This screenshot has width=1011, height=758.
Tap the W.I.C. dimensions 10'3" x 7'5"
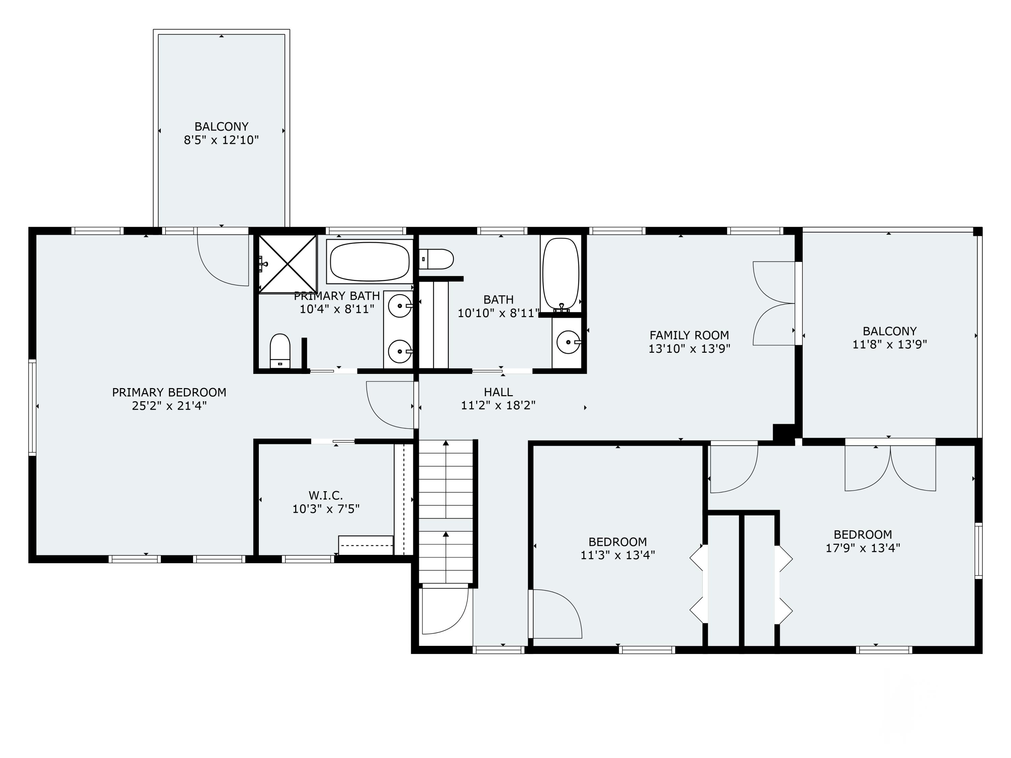(x=326, y=509)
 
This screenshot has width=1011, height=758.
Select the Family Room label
(x=689, y=335)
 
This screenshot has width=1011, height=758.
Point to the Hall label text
(x=498, y=392)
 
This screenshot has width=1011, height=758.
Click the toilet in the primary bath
(x=280, y=351)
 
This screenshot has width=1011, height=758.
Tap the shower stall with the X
(x=287, y=264)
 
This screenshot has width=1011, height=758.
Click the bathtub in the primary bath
(x=370, y=262)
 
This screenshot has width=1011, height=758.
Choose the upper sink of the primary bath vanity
(x=400, y=306)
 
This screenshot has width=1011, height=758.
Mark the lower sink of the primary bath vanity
(x=400, y=351)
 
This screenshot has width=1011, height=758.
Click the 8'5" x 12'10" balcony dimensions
(x=221, y=140)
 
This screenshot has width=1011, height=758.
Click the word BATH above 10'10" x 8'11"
(x=498, y=300)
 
